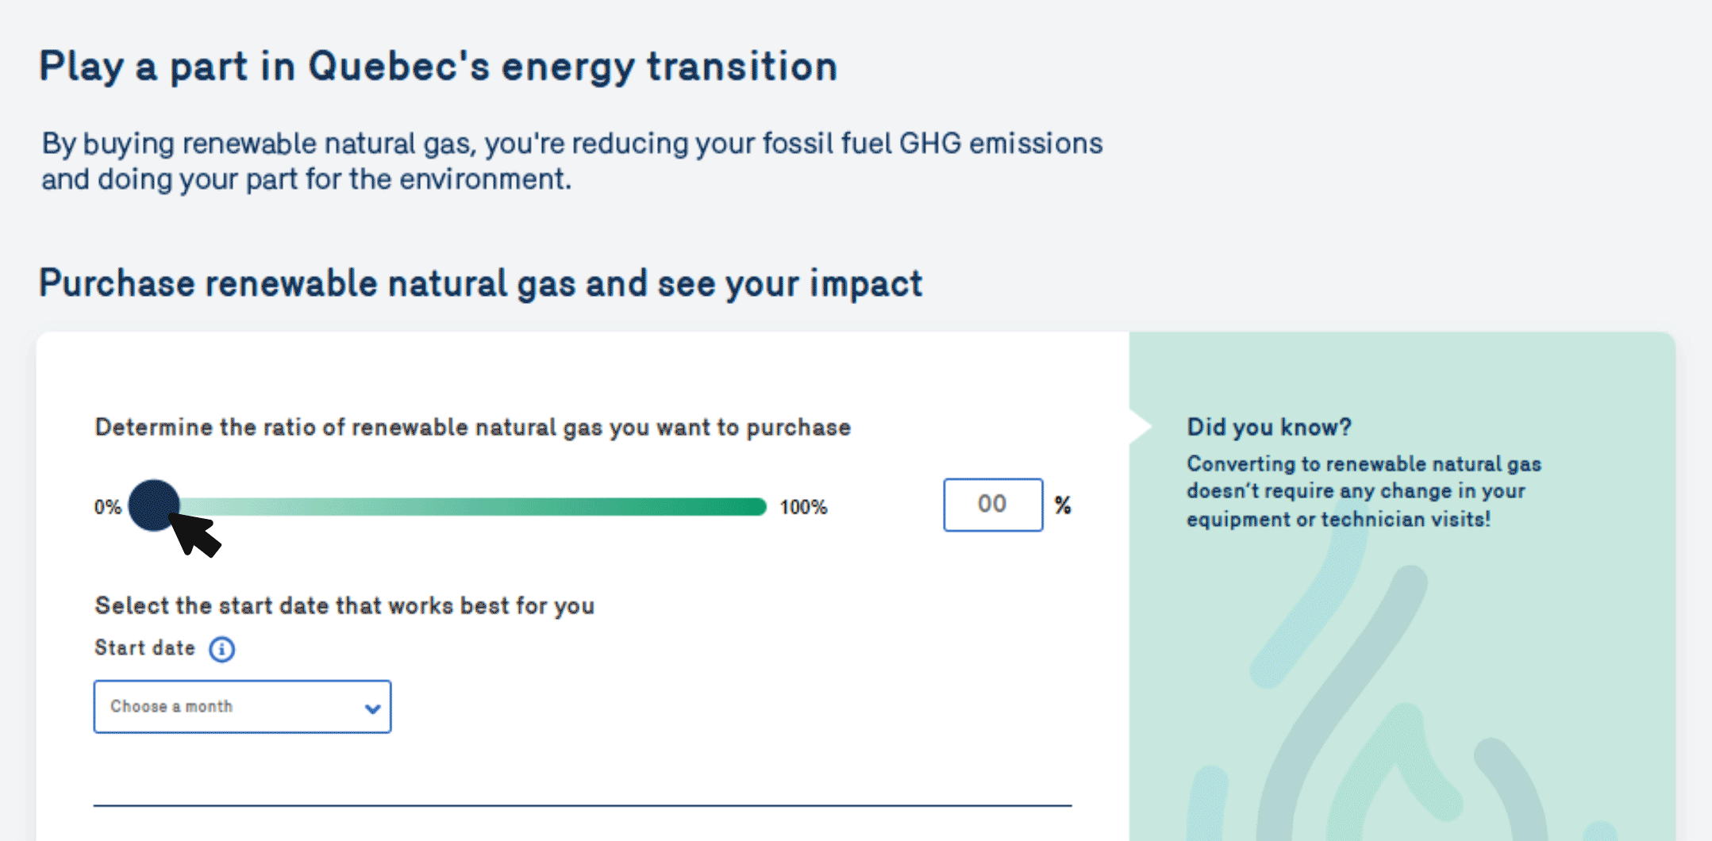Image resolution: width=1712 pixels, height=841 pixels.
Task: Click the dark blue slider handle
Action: [154, 505]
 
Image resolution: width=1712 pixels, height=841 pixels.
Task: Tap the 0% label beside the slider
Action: [107, 507]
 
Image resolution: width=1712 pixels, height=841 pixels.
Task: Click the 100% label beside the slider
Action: [803, 507]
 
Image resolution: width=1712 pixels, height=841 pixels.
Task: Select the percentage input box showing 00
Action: [993, 505]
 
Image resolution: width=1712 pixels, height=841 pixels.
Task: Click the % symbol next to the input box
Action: [1063, 505]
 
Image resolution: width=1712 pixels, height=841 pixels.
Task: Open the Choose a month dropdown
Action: [242, 706]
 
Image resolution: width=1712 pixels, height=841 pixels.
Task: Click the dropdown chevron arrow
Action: [372, 709]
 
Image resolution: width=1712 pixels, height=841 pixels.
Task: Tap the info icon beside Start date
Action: [221, 649]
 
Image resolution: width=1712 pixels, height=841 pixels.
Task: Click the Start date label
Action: [144, 647]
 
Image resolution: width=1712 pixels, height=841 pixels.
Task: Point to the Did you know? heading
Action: [1269, 427]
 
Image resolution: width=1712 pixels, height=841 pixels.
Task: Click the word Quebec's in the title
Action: [399, 66]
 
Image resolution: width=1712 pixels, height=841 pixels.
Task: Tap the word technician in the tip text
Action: [1373, 519]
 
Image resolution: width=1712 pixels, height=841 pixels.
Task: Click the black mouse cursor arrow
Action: [194, 533]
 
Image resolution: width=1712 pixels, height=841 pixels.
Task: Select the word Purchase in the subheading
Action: [117, 283]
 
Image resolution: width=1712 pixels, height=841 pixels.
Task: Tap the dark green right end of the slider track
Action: [759, 506]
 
